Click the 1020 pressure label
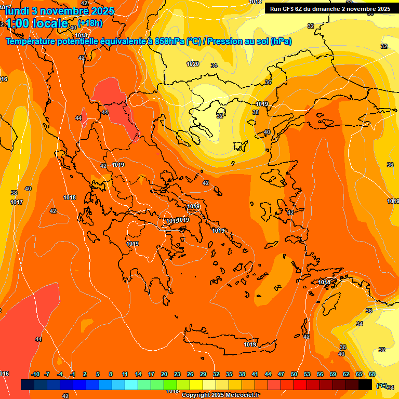(193, 64)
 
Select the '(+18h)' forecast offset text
(90, 22)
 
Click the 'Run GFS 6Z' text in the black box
(291, 9)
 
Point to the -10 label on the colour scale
(36, 374)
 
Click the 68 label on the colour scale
(372, 374)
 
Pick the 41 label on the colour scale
(255, 374)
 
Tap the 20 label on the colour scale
(164, 374)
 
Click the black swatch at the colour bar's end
(365, 384)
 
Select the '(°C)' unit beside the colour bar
(381, 385)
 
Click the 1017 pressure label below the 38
(17, 202)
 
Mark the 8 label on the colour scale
(111, 374)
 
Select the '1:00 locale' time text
(37, 23)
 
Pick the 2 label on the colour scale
(84, 374)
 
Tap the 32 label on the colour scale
(216, 374)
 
